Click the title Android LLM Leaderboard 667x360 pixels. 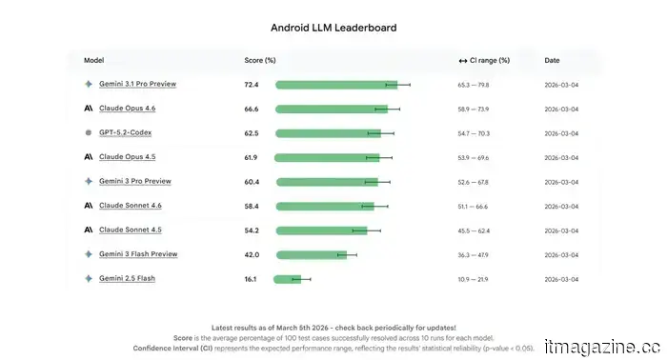pos(333,28)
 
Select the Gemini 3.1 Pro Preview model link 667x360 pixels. pos(137,84)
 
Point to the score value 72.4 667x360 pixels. pos(252,85)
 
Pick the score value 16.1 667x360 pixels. pos(251,279)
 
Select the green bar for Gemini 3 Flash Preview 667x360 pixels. pos(311,254)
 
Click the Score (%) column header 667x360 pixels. pos(259,60)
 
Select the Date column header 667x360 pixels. pos(552,60)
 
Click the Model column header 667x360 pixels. pos(93,60)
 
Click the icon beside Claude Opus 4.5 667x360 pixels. pos(89,157)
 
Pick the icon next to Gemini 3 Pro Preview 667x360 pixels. pos(89,181)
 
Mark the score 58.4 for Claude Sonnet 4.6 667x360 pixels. pos(252,206)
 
